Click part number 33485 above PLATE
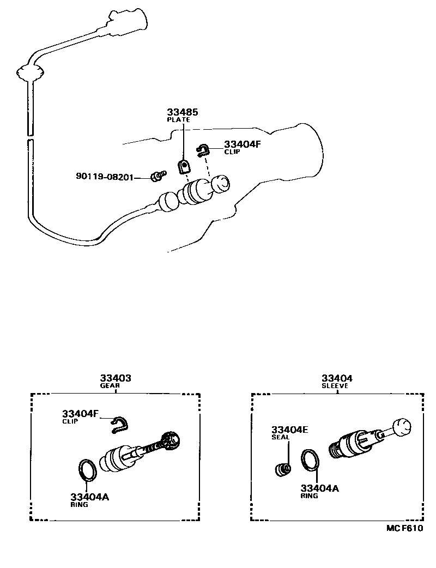coord(182,112)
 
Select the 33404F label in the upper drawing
coord(243,144)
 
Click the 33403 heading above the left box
coord(116,378)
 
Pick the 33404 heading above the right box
coord(336,378)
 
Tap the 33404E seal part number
coord(289,430)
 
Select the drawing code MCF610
coord(405,528)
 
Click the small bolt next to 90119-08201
coord(158,176)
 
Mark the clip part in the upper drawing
coord(203,150)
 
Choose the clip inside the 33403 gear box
coord(118,425)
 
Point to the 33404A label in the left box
coord(90,497)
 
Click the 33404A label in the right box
coord(319,488)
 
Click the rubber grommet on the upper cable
coord(31,72)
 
